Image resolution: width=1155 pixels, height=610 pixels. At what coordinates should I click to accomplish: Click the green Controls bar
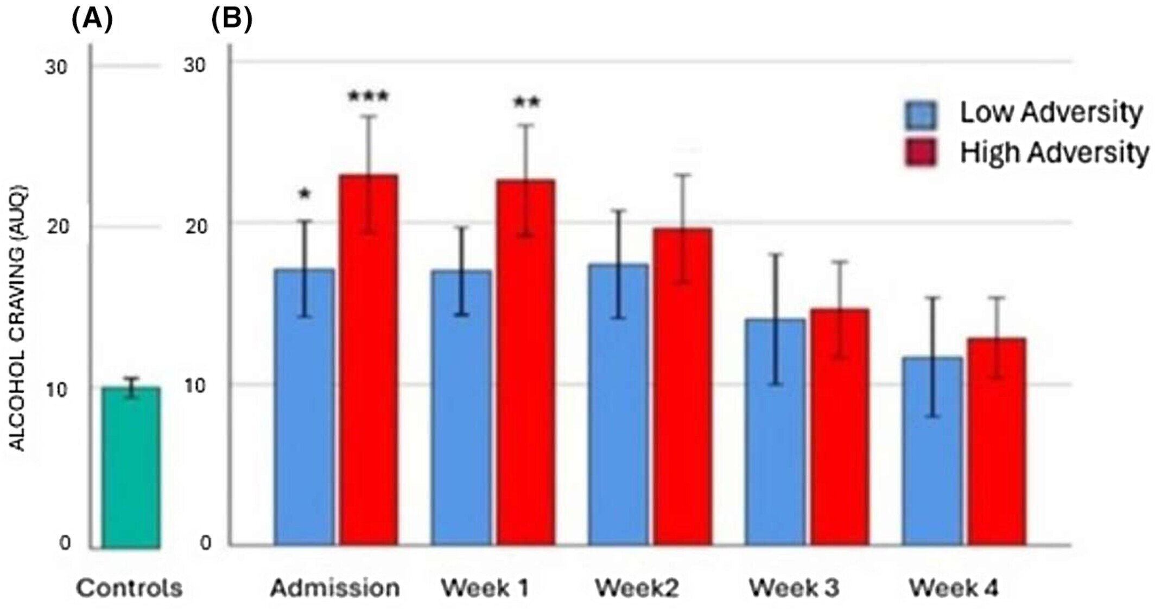[130, 467]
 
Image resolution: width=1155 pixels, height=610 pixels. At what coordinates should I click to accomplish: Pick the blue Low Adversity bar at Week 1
[461, 407]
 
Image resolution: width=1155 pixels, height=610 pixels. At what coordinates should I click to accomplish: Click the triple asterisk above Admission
[369, 98]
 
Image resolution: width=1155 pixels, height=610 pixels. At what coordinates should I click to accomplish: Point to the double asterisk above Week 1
[526, 103]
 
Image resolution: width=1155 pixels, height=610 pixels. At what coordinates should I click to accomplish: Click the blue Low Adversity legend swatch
[921, 115]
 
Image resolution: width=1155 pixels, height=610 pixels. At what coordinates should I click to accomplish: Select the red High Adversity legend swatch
[921, 152]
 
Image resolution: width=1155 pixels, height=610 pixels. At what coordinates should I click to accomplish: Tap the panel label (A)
[92, 20]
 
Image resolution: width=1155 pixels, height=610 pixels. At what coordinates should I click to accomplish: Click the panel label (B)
[232, 20]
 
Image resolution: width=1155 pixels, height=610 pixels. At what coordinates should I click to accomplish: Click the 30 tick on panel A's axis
[56, 68]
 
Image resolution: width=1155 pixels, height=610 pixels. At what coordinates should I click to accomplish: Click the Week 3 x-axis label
[794, 588]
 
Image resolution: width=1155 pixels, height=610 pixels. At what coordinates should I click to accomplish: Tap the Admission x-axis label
[335, 588]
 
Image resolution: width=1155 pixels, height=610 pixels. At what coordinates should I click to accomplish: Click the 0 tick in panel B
[205, 543]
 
